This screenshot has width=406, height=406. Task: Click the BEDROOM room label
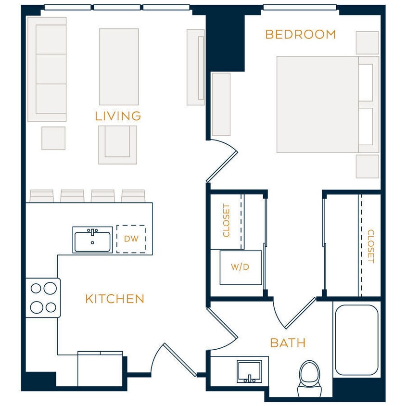(x=300, y=35)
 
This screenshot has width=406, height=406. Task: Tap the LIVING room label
(x=118, y=116)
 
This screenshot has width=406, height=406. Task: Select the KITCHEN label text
(x=114, y=299)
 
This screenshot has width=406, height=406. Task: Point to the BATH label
(x=288, y=343)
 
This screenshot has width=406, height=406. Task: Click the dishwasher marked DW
(x=131, y=239)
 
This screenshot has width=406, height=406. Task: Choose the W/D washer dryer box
(x=241, y=267)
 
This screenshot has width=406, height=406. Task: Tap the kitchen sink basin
(x=93, y=240)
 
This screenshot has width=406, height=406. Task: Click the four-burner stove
(x=43, y=298)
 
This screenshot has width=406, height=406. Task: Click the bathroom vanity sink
(x=249, y=372)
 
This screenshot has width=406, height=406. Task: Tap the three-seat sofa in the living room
(x=47, y=69)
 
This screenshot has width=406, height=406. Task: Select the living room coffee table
(x=119, y=66)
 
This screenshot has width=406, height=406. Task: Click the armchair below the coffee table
(x=118, y=144)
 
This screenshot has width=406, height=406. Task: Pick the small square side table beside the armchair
(x=53, y=138)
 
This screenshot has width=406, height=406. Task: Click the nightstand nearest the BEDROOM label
(x=367, y=43)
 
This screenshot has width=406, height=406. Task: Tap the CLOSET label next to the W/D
(x=227, y=221)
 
